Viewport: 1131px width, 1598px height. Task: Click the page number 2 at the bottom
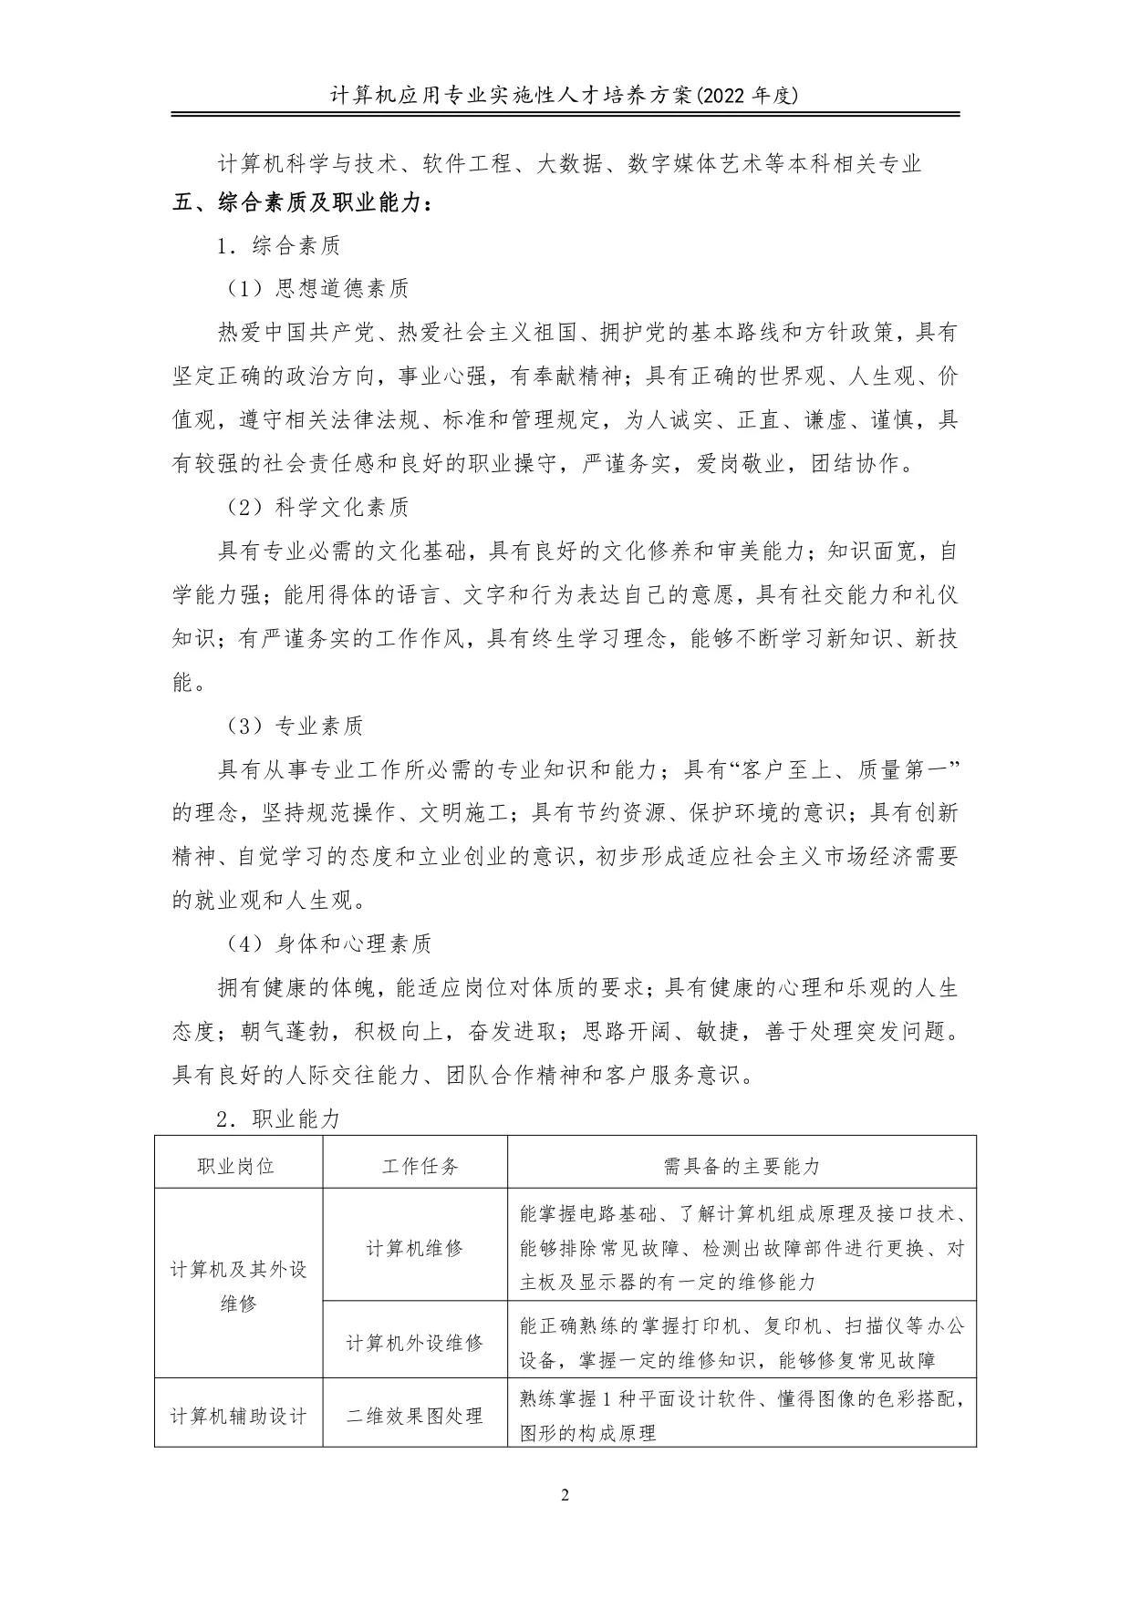click(565, 1495)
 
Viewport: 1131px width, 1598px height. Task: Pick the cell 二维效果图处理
click(415, 1416)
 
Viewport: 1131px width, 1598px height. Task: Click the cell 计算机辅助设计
click(238, 1416)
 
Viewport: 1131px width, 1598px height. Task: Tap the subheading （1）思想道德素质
click(317, 289)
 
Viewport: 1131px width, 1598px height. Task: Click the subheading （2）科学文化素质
click(317, 508)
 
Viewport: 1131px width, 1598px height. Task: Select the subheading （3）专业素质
click(295, 727)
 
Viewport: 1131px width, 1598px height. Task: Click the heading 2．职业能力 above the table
click(279, 1119)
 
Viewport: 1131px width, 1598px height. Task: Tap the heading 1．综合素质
click(279, 246)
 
